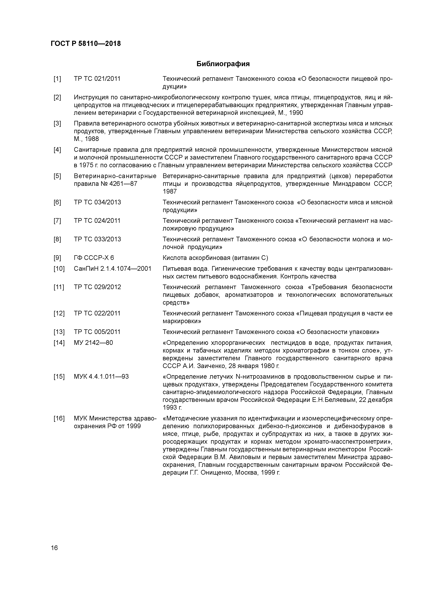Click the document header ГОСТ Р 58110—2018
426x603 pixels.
(86, 44)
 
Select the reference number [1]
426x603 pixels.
(57, 79)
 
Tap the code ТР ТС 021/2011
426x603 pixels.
(97, 79)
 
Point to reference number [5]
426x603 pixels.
(57, 176)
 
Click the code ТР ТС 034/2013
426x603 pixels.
(97, 202)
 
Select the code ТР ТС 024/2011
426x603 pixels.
(97, 221)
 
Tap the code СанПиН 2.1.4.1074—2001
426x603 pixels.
(113, 269)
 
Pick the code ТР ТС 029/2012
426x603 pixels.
(97, 287)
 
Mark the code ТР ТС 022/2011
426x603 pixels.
(97, 313)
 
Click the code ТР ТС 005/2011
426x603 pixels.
(97, 332)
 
